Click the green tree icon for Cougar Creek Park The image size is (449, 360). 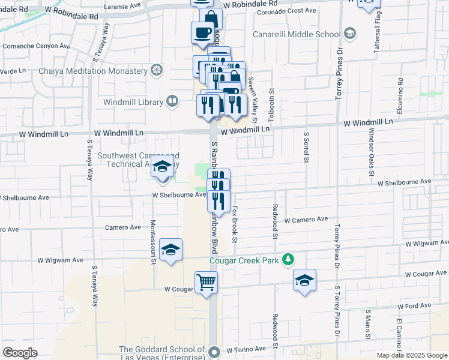click(289, 259)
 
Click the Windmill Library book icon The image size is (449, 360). click(172, 101)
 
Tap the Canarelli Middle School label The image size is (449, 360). click(297, 34)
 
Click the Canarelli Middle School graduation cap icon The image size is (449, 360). click(351, 33)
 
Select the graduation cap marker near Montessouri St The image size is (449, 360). click(170, 251)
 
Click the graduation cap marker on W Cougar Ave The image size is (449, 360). click(304, 280)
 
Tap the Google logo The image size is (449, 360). click(20, 353)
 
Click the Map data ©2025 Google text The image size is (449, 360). click(412, 355)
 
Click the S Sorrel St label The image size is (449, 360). click(306, 147)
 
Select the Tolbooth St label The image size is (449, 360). click(271, 98)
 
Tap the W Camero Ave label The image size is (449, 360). click(306, 220)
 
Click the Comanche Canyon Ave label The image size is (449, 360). click(37, 46)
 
